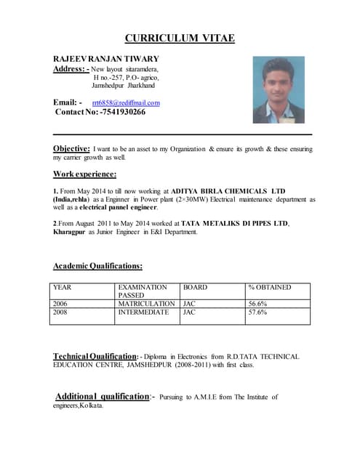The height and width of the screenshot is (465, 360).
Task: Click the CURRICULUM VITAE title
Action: pos(180,39)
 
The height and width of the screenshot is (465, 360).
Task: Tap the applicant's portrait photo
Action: pos(279,90)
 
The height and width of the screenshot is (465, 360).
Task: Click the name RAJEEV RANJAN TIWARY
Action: pos(106,58)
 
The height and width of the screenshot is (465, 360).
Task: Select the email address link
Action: pos(126,103)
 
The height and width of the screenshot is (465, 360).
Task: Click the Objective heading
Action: pos(71,148)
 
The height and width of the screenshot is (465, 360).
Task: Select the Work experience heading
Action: pos(84,174)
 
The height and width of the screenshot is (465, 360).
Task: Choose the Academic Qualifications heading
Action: pos(97,267)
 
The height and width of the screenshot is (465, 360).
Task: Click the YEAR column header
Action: pos(63,288)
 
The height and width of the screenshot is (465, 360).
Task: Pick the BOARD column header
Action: pos(195,288)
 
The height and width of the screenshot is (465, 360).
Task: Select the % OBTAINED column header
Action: pos(269,288)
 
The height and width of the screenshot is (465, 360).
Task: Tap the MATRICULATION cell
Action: pos(146,304)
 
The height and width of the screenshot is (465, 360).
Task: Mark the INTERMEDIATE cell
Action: pos(143,312)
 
